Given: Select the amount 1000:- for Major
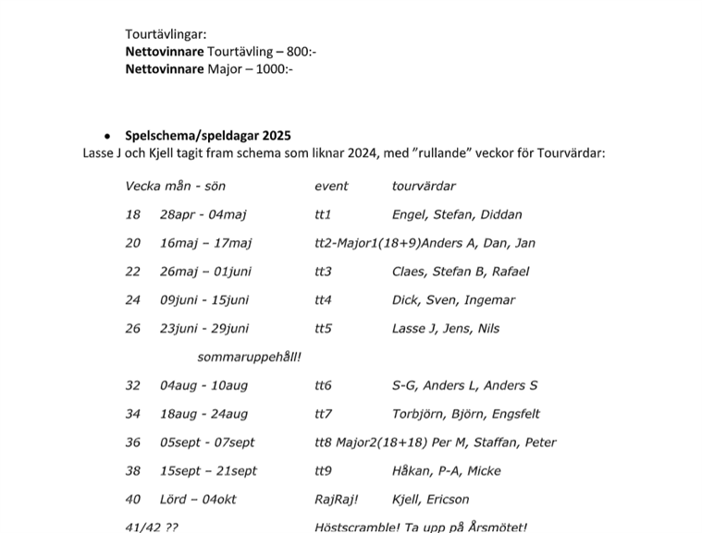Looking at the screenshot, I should pos(269,68).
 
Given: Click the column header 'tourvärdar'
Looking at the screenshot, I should pos(424,186).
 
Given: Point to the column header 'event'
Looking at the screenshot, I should pos(331,186).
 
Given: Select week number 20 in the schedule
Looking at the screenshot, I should pos(133,243).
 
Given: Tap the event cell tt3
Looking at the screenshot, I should pos(323,272).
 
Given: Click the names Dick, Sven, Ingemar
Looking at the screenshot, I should pos(453,300).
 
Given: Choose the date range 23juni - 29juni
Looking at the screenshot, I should pos(203,328).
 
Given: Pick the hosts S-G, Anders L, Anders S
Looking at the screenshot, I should pos(464,385).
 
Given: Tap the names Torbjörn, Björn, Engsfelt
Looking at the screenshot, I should pos(466,414).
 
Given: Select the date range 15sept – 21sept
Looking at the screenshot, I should pos(208,470).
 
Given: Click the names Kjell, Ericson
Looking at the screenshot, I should pos(431,499).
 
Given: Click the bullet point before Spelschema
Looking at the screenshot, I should pos(108,136).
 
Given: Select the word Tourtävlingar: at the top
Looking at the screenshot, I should pos(166,35).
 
